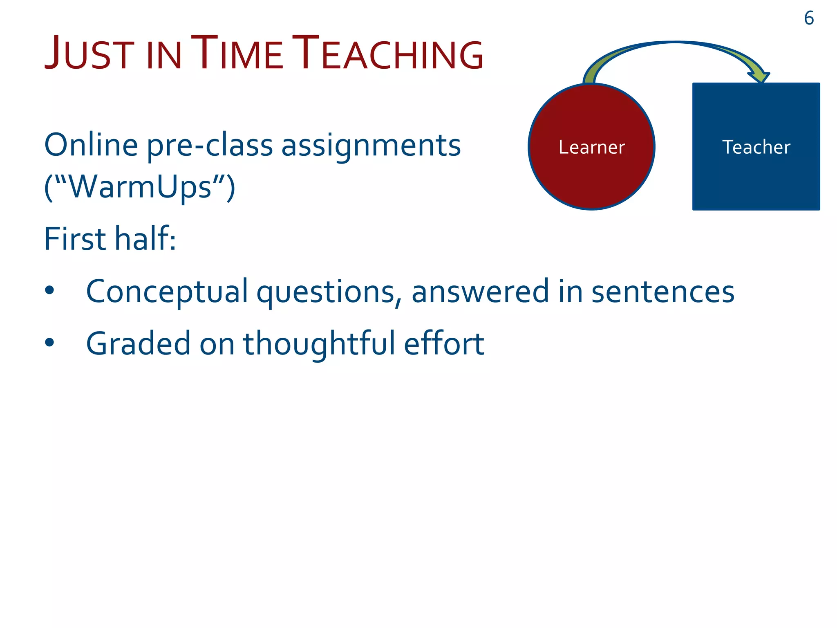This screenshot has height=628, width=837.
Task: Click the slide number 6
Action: click(808, 18)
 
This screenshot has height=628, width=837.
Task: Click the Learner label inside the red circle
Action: click(591, 147)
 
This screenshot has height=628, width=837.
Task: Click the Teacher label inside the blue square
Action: click(756, 147)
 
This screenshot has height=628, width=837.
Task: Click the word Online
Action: click(91, 145)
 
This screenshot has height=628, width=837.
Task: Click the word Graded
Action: click(138, 344)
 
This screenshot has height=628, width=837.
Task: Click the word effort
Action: click(444, 344)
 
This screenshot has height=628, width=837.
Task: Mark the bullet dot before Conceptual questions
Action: click(49, 290)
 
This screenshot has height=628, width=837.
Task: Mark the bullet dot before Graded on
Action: click(49, 342)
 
